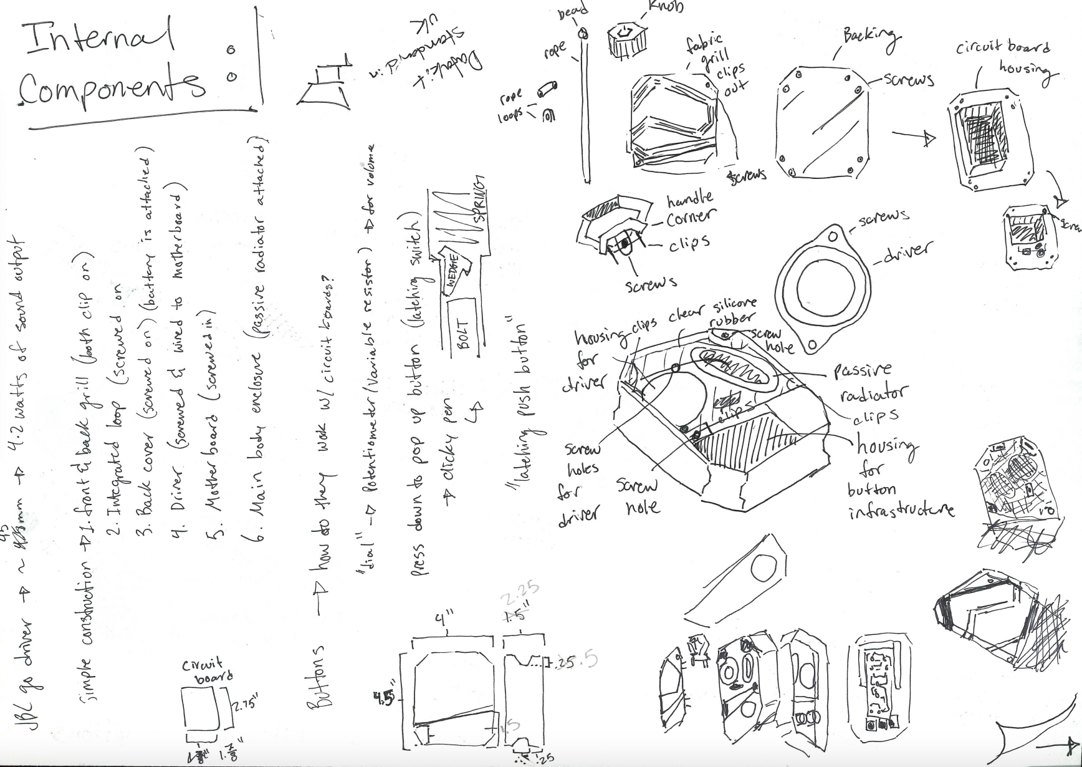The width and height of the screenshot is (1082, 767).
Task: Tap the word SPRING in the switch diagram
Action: (480, 198)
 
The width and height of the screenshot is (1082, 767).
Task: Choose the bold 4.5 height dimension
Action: (386, 699)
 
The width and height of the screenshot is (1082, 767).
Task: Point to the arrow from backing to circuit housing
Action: (914, 137)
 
